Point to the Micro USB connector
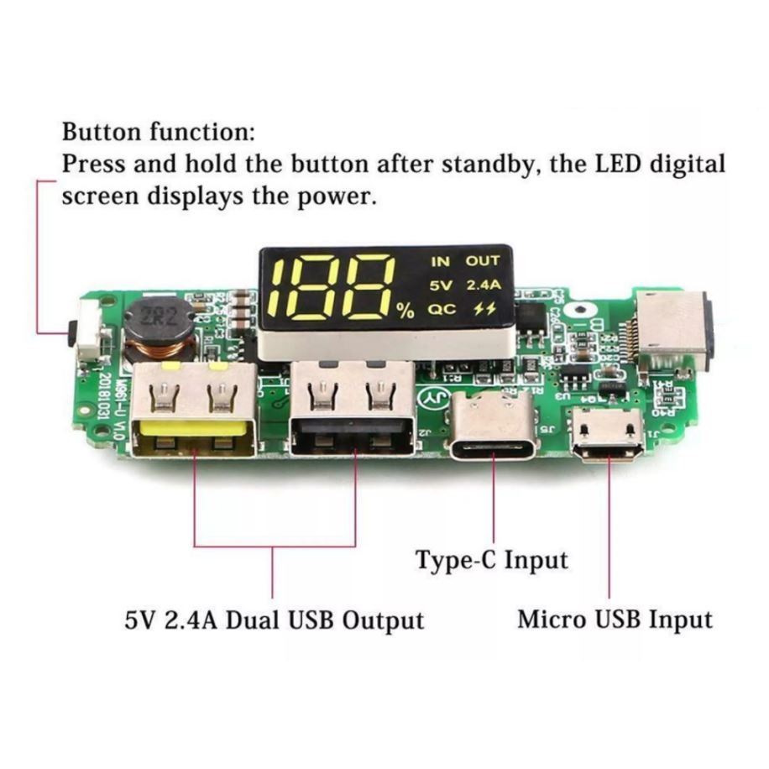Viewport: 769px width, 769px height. [609, 434]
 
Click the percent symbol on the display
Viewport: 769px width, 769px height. [406, 311]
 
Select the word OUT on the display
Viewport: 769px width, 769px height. [484, 261]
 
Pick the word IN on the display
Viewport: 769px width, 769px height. [440, 261]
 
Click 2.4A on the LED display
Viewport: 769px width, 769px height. [484, 285]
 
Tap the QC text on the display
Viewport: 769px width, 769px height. [442, 309]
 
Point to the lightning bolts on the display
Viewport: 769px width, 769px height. [484, 309]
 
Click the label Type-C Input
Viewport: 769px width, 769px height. [492, 560]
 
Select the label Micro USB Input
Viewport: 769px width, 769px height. [615, 620]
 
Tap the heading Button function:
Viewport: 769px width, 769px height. [158, 133]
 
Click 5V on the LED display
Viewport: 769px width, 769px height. [441, 285]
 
